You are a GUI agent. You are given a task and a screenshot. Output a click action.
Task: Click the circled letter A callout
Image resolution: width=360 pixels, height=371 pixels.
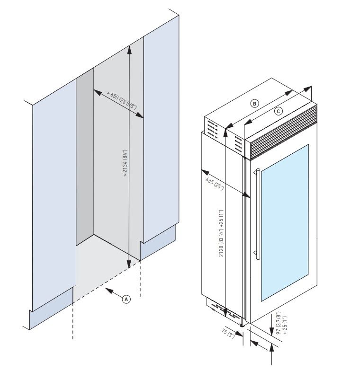126,299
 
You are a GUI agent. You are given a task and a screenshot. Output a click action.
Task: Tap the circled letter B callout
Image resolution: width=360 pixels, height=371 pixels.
255,103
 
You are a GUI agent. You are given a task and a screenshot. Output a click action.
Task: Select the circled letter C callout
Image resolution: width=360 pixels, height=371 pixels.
279,111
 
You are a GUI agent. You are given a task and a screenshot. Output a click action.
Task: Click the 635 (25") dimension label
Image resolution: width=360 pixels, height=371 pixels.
215,183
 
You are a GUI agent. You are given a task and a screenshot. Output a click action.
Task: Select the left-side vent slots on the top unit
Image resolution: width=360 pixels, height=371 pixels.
211,130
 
